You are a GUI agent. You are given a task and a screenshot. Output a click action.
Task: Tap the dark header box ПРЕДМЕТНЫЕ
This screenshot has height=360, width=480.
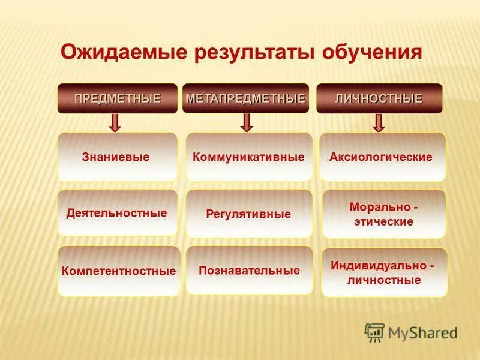117,98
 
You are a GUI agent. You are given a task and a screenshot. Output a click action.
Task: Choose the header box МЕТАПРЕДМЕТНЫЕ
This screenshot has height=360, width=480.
245,98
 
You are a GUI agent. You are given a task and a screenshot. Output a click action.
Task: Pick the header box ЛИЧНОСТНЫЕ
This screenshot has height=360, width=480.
379,98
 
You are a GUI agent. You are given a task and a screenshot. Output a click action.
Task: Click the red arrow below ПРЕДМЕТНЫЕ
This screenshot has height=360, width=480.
115,123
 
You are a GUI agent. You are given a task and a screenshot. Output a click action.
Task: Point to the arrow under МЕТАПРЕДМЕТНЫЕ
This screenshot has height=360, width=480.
247,123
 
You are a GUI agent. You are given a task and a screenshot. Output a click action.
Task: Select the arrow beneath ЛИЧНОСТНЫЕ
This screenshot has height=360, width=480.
378,123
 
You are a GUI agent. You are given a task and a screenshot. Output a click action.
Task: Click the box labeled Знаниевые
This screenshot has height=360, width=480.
117,157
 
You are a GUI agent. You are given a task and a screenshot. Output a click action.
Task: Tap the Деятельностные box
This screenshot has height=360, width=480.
117,213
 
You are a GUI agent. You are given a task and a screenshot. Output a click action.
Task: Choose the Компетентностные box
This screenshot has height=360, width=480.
119,271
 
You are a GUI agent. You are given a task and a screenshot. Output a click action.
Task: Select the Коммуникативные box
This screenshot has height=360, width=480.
248,157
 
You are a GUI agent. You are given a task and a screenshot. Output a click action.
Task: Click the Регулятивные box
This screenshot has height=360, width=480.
248,214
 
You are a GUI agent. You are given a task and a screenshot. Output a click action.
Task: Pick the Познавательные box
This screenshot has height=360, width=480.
249,270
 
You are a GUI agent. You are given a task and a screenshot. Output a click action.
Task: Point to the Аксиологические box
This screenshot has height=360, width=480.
382,157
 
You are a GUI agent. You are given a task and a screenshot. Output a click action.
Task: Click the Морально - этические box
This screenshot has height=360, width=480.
383,214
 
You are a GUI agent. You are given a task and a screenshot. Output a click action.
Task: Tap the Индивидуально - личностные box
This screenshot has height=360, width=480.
383,272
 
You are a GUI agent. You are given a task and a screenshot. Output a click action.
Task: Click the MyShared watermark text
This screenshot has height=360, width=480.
422,332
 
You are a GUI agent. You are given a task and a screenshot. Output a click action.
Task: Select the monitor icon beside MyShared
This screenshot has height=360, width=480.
374,332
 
